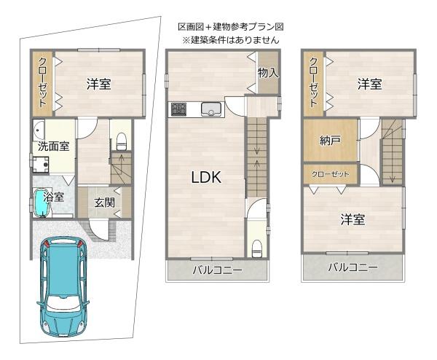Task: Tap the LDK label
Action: coord(206,177)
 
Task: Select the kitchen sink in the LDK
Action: coord(211,109)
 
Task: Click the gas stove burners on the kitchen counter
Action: coord(179,109)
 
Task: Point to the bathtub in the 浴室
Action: coord(42,203)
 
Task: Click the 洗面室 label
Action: coord(53,146)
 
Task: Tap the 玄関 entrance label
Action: coord(104,203)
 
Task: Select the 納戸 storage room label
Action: coord(330,140)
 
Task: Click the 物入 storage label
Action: coord(268,73)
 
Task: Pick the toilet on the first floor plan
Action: coord(121,141)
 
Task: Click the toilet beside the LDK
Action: coord(256,249)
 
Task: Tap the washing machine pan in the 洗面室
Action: coord(41,165)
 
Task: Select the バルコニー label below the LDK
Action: coord(218,270)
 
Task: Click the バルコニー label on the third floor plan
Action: coord(353,267)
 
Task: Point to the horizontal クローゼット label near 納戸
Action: coord(330,174)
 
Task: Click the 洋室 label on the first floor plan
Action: coord(98,85)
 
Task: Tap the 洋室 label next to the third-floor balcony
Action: coord(353,219)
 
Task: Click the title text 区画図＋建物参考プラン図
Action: coord(231,27)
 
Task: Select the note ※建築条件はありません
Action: coord(231,40)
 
